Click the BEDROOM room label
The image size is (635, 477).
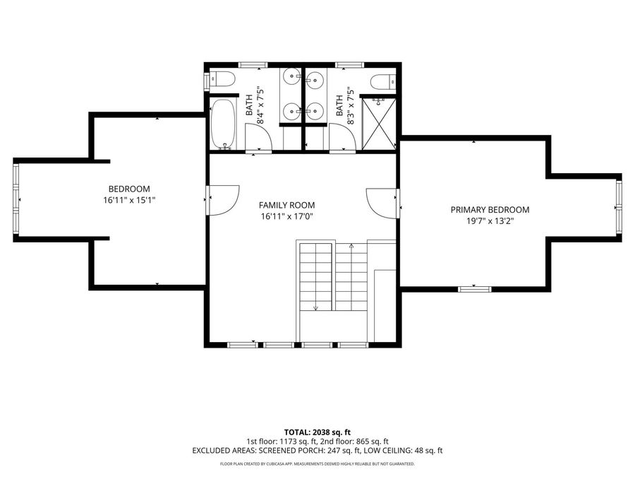click(x=129, y=189)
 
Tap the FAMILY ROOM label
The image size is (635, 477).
click(x=286, y=205)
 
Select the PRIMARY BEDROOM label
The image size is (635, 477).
click(x=490, y=210)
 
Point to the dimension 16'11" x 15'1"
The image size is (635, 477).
click(x=129, y=200)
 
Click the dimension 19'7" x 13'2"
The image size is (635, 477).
click(x=490, y=221)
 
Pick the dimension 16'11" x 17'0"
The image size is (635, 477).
click(x=286, y=217)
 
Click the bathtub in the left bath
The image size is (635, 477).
click(x=223, y=124)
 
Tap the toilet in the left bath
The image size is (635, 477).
click(x=221, y=79)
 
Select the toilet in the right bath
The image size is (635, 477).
click(x=382, y=81)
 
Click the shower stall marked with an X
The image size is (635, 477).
click(x=378, y=124)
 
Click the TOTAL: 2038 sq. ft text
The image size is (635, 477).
click(x=317, y=432)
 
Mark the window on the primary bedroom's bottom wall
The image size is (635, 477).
click(x=475, y=289)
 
